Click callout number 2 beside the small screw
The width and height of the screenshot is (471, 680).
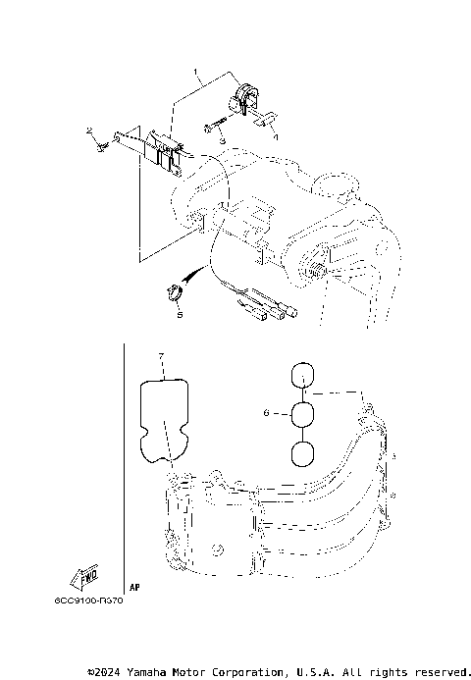point(88,131)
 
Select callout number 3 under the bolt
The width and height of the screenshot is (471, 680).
point(223,142)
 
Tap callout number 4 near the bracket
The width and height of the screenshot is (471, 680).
point(275,137)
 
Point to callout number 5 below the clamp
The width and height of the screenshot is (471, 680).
point(179,315)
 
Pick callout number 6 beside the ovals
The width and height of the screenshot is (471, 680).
point(265,414)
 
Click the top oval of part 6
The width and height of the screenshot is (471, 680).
point(304,375)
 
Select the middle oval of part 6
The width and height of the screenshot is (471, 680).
point(304,414)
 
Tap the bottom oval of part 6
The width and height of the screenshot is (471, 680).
point(304,454)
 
